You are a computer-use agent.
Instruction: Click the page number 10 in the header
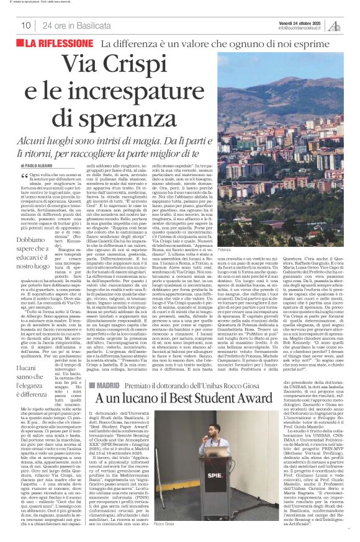pos(25,25)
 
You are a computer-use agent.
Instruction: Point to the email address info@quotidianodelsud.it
pos(300,28)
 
